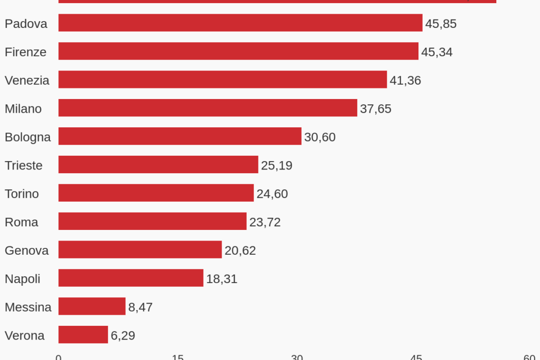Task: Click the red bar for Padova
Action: (x=240, y=23)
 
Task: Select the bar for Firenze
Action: (x=238, y=52)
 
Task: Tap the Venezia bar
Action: (x=222, y=80)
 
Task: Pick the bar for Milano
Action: (x=207, y=108)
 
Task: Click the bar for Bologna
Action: (x=179, y=137)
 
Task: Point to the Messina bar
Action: (x=92, y=307)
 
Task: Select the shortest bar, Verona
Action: (x=83, y=335)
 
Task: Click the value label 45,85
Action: (x=441, y=24)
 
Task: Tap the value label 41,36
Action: (x=405, y=81)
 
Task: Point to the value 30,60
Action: (x=319, y=137)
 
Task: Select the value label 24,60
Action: (x=272, y=194)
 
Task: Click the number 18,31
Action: (x=222, y=279)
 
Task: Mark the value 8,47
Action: (x=141, y=307)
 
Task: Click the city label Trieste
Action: (x=24, y=165)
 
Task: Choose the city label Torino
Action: (x=22, y=194)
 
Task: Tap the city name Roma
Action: (x=21, y=222)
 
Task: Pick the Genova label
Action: (x=26, y=251)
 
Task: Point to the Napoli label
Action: (x=23, y=279)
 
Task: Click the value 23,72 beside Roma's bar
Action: (x=265, y=222)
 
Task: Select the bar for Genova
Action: (x=139, y=250)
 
